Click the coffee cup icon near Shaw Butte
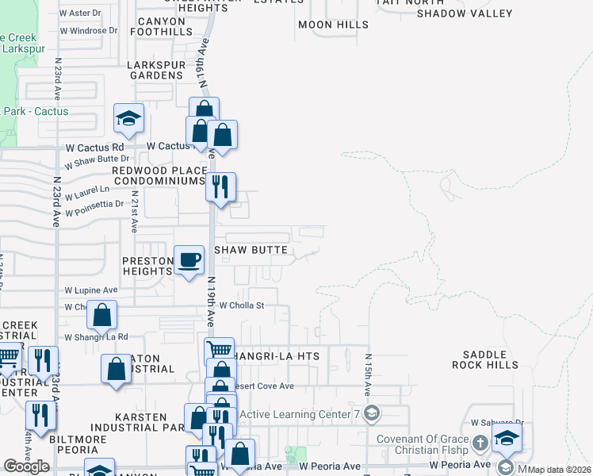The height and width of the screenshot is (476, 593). pyautogui.click(x=188, y=261)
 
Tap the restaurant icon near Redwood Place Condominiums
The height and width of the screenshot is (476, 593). pyautogui.click(x=220, y=187)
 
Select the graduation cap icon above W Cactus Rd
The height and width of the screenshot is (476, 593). pyautogui.click(x=128, y=120)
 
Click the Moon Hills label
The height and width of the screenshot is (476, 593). pyautogui.click(x=333, y=25)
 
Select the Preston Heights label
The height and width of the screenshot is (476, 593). pyautogui.click(x=147, y=266)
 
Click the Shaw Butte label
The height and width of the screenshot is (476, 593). pyautogui.click(x=254, y=250)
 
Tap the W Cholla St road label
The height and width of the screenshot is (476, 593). pyautogui.click(x=241, y=305)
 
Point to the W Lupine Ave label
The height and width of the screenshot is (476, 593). pyautogui.click(x=91, y=290)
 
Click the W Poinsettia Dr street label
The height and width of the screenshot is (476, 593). pyautogui.click(x=94, y=209)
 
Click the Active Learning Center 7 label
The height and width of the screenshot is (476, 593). pyautogui.click(x=300, y=413)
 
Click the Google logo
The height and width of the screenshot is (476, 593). pyautogui.click(x=27, y=466)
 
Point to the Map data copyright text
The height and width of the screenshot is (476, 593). pyautogui.click(x=559, y=469)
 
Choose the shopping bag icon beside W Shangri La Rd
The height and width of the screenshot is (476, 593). pyautogui.click(x=102, y=317)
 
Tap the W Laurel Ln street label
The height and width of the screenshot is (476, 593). pyautogui.click(x=87, y=193)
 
